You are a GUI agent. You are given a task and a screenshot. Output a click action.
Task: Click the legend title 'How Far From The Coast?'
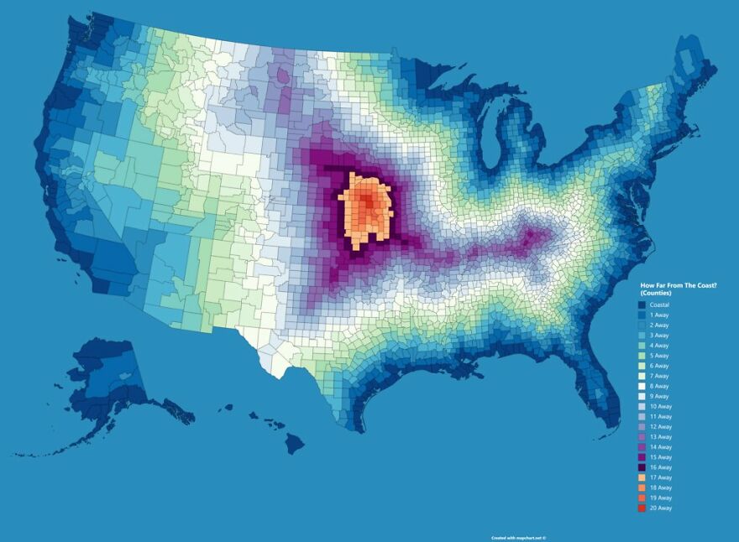coord(679,286)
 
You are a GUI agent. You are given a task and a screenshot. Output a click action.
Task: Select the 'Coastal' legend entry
coord(659,305)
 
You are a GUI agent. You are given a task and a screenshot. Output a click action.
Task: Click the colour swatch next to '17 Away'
coord(642,477)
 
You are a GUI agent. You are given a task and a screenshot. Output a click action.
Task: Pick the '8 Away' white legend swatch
coord(642,386)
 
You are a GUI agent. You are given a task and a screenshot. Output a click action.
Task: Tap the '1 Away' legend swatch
coord(642,315)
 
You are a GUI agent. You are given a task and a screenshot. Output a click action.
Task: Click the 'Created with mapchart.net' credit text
coord(518,538)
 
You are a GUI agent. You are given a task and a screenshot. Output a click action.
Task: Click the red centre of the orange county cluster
coord(367,204)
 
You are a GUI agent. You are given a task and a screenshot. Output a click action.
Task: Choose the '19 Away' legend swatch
coord(642,498)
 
